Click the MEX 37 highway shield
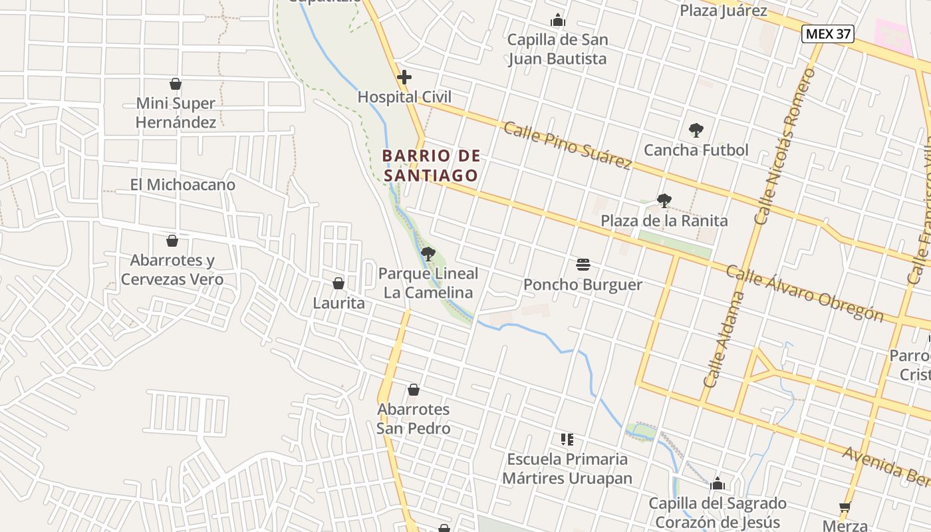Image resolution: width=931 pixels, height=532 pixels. (x=827, y=34)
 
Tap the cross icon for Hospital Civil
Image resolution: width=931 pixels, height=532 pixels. (x=404, y=77)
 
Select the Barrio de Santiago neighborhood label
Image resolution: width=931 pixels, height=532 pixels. (x=431, y=166)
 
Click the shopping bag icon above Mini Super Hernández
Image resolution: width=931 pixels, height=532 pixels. (x=176, y=84)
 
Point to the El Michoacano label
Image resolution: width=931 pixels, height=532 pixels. (x=182, y=185)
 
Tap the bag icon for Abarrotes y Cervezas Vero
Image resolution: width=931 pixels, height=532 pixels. (x=172, y=241)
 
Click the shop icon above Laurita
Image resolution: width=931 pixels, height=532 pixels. (x=338, y=283)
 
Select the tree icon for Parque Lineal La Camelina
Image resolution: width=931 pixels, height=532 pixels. (x=428, y=253)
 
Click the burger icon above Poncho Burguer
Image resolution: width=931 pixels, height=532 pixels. (x=583, y=265)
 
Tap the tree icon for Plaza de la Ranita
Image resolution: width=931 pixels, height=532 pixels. (x=664, y=200)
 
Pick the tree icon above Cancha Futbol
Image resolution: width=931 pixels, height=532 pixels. (x=696, y=130)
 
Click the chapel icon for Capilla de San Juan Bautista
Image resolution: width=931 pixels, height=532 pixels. (x=558, y=21)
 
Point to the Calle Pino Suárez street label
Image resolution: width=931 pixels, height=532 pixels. (x=567, y=145)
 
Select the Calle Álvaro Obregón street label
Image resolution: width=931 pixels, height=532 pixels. (x=804, y=293)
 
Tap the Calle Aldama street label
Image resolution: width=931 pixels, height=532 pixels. (x=722, y=339)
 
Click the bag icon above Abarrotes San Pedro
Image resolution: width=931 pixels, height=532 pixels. (x=414, y=390)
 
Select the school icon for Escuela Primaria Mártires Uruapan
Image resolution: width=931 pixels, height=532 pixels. (x=567, y=439)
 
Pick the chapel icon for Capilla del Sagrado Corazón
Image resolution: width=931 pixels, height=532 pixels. (x=718, y=483)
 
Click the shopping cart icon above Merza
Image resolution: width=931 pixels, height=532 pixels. (x=845, y=507)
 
